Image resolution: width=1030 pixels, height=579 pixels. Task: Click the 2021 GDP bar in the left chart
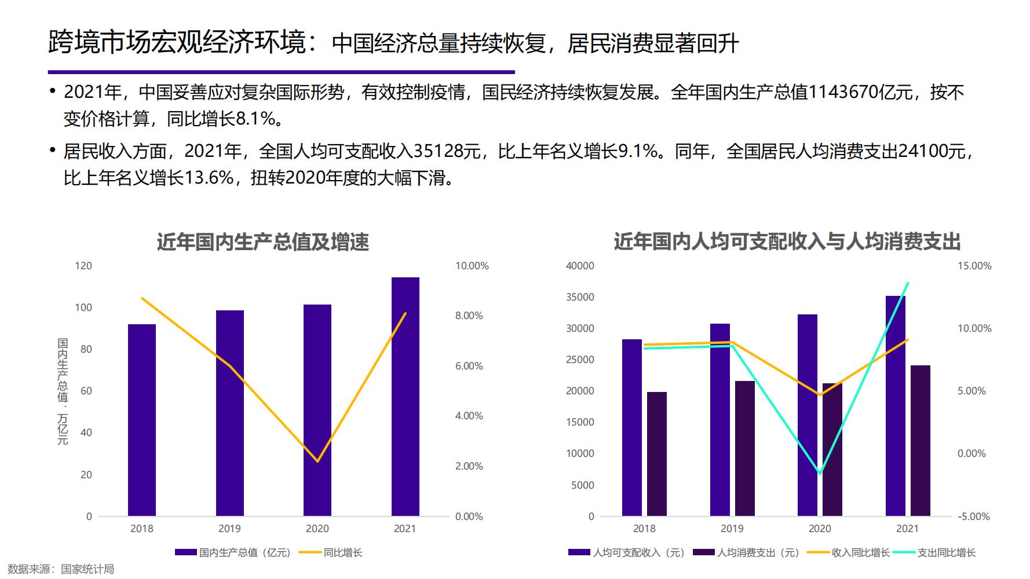click(x=405, y=397)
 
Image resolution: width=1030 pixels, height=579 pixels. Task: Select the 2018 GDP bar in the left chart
click(x=142, y=420)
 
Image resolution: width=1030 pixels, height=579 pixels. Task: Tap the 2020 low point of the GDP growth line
click(x=317, y=461)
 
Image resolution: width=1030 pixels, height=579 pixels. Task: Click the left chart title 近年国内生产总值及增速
click(x=263, y=242)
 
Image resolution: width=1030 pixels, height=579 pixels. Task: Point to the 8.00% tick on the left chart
click(x=469, y=316)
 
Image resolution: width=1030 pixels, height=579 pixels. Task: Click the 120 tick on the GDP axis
click(x=83, y=266)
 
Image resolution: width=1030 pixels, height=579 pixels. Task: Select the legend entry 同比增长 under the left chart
click(x=343, y=552)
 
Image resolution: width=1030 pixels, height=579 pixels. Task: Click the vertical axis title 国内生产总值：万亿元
click(x=63, y=392)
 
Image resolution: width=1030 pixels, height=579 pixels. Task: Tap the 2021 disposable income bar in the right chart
click(x=895, y=405)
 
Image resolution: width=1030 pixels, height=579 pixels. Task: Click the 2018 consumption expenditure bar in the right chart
click(x=657, y=454)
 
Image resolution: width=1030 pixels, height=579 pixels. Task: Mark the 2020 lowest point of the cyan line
click(x=820, y=473)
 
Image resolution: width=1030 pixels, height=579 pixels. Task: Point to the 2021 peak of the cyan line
click(x=907, y=283)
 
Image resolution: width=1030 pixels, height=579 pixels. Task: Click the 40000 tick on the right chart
click(x=580, y=266)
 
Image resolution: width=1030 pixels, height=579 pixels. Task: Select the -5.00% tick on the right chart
click(x=973, y=516)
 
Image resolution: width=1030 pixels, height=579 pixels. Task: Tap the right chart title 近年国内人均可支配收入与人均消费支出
click(x=787, y=242)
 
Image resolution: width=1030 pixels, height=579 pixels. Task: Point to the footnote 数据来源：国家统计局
click(x=61, y=569)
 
